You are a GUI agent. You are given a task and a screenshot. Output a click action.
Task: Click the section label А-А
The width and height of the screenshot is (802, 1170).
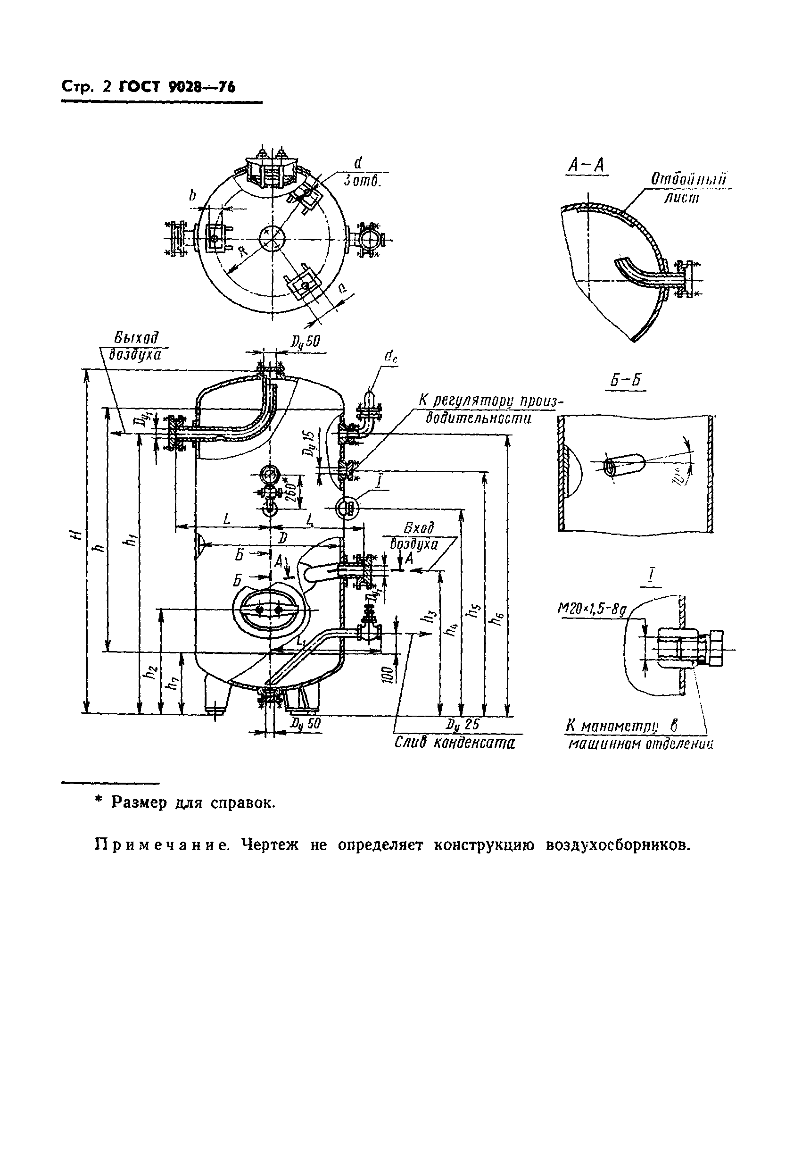[587, 166]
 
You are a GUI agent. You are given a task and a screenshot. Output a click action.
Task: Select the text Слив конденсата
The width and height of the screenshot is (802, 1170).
[455, 744]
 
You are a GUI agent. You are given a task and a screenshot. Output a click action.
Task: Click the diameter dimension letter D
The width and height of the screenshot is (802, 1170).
[283, 538]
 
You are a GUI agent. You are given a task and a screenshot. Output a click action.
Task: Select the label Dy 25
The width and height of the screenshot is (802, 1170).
[463, 724]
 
